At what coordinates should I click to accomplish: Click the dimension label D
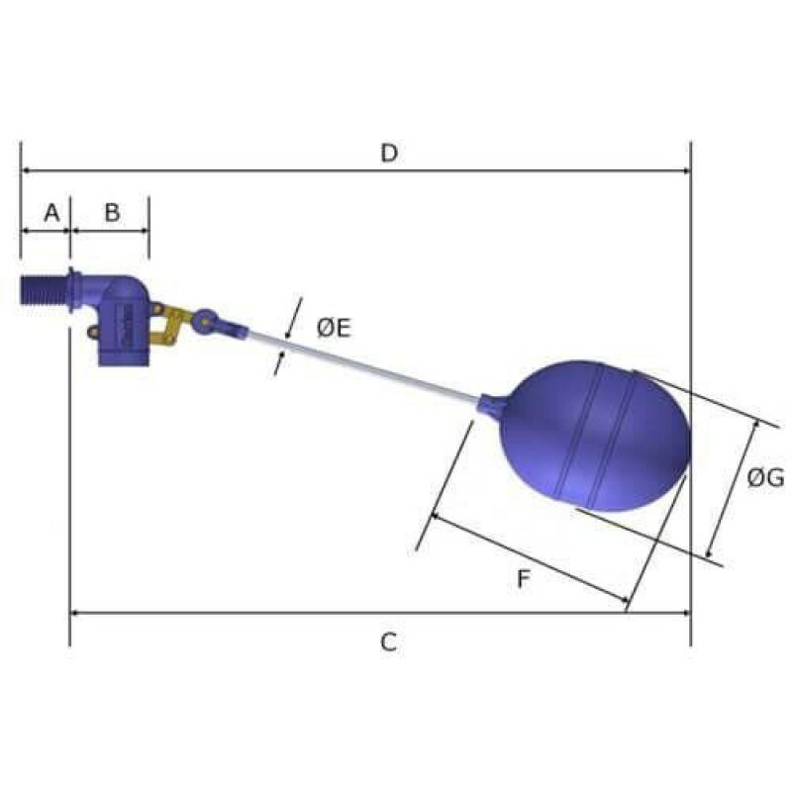[389, 153]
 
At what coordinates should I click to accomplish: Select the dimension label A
[51, 213]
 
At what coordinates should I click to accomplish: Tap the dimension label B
[112, 213]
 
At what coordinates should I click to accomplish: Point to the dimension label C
[388, 643]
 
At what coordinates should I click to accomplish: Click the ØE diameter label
[334, 329]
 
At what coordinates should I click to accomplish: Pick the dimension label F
[524, 579]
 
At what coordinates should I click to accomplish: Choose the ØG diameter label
[765, 478]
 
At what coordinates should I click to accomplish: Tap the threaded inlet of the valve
[44, 290]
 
